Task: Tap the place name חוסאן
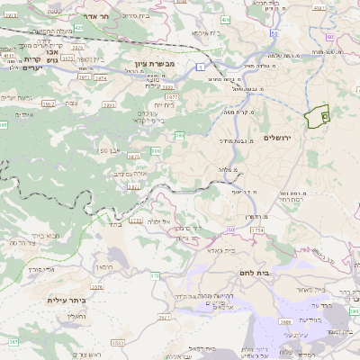pyautogui.click(x=101, y=267)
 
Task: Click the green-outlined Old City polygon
pyautogui.click(x=318, y=117)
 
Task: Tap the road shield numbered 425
pyautogui.click(x=79, y=28)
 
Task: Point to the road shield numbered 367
pyautogui.click(x=13, y=343)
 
